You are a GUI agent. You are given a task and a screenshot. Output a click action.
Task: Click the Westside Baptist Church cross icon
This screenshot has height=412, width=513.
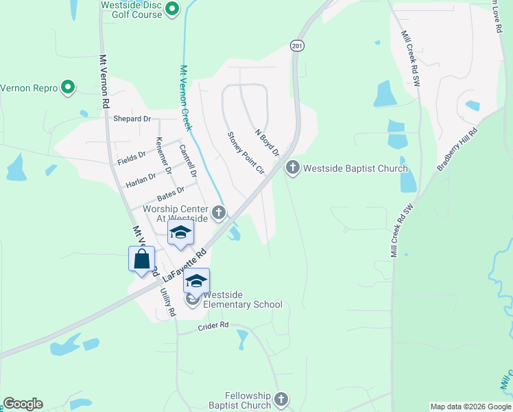293,168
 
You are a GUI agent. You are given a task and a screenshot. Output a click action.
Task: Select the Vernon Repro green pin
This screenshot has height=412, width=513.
67,87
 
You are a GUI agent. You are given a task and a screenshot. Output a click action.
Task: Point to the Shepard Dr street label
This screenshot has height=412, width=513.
132,119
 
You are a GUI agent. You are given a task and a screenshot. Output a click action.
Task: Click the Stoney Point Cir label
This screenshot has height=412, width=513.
246,152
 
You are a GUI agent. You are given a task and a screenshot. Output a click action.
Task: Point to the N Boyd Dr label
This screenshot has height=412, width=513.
267,142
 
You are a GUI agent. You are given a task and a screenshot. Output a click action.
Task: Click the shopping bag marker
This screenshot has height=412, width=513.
141,260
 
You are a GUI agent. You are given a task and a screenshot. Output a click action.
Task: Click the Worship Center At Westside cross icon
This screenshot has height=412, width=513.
219,212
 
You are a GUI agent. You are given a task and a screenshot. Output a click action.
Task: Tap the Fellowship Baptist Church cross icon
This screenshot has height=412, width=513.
281,399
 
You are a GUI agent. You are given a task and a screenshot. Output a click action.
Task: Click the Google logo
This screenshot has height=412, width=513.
23,404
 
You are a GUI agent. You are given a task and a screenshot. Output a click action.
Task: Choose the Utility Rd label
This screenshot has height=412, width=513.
168,302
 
